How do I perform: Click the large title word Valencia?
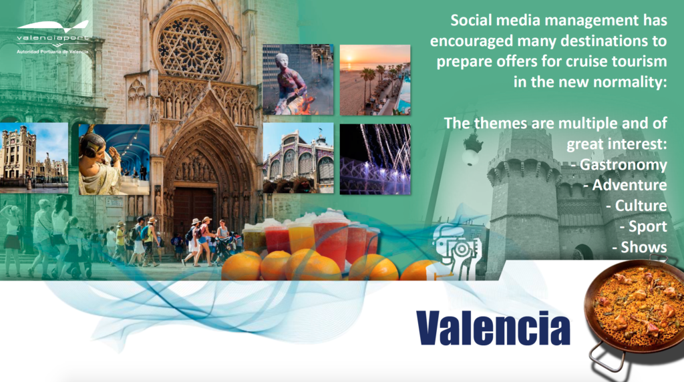493,328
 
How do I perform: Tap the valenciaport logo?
53,37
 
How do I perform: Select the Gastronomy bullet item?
619,164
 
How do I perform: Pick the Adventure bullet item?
625,185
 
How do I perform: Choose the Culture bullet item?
637,206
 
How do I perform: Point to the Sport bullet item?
643,226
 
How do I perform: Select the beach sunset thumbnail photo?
375,79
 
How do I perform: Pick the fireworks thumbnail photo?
375,159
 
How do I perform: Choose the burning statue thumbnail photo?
298,79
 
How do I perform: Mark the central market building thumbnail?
298,158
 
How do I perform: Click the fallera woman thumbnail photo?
114,160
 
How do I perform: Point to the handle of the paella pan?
607,355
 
